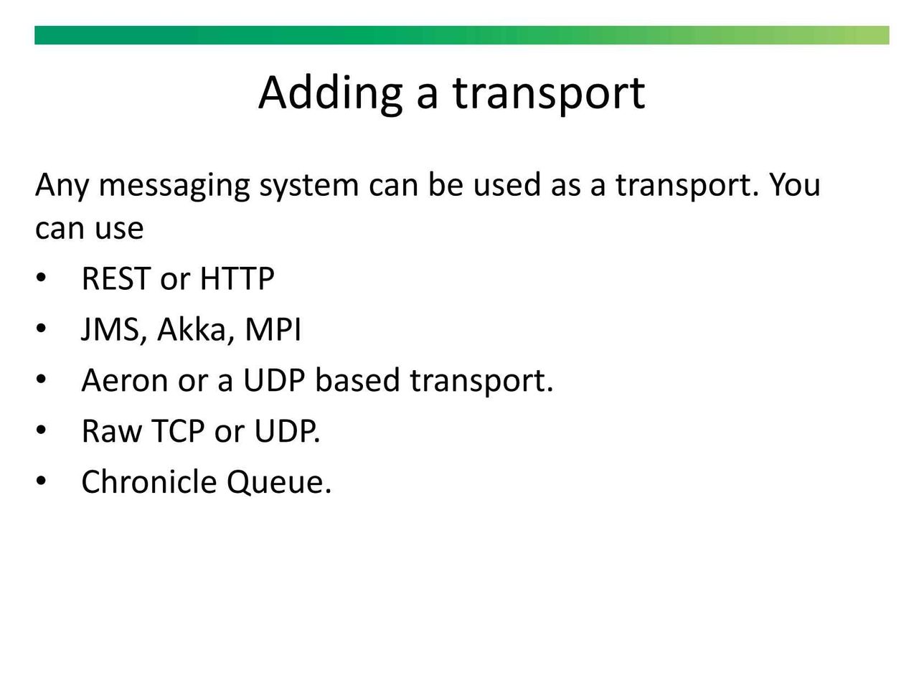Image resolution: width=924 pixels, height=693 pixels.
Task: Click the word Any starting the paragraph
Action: [x=62, y=186]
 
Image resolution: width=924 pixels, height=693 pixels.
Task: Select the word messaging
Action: [x=175, y=186]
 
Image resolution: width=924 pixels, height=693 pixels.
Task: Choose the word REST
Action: [x=116, y=278]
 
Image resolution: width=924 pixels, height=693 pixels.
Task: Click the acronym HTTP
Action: [x=237, y=278]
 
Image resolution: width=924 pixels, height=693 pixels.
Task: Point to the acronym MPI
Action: [x=273, y=329]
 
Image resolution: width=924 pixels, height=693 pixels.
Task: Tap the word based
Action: [x=357, y=380]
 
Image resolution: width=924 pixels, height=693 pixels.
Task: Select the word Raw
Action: [x=112, y=431]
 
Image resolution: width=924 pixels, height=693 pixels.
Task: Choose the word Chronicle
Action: [x=149, y=482]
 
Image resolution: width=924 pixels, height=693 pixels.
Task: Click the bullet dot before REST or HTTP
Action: [x=41, y=278]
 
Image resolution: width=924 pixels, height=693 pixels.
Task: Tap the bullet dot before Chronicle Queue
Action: [x=41, y=481]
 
